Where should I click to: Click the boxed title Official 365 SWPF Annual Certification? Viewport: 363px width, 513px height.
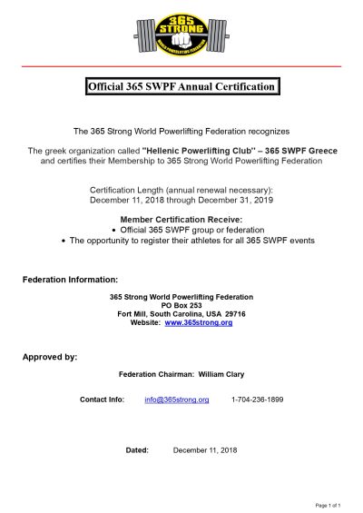(x=181, y=87)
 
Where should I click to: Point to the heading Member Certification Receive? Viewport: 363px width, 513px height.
(x=181, y=221)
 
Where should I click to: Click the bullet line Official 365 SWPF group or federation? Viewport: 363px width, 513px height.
(x=181, y=231)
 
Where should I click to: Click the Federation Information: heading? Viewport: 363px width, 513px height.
(x=70, y=278)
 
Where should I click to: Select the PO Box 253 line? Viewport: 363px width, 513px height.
(x=181, y=305)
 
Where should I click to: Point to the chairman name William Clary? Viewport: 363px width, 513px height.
(x=221, y=375)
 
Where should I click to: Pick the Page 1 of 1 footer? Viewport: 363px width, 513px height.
(x=327, y=504)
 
